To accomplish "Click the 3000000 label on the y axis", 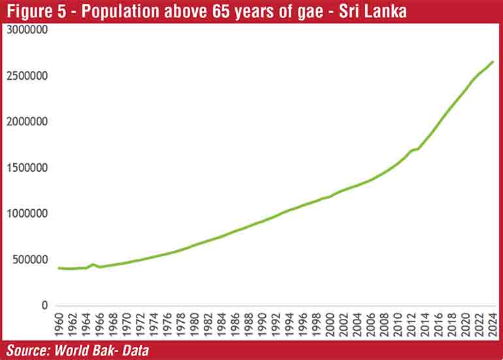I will pos(27,30).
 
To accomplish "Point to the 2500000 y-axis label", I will pos(27,76).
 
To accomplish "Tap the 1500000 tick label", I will pos(27,168).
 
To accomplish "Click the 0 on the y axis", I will pos(45,305).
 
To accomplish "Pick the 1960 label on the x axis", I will pos(59,325).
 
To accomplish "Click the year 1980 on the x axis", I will pos(195,325).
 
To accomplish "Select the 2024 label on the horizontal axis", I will pos(493,325).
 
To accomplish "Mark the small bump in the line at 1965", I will pos(93,265).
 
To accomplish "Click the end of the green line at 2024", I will pos(493,61).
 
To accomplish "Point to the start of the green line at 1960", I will pos(59,268).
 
